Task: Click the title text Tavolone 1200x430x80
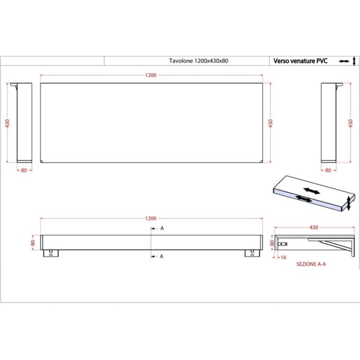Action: point(198,61)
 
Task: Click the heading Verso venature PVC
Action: point(300,61)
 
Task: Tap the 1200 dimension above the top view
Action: point(151,75)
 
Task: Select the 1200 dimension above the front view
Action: point(151,218)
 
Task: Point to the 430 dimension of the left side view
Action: point(8,123)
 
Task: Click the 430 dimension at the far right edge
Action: point(351,123)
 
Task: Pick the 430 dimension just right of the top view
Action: point(270,123)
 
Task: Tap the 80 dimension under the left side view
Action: point(24,171)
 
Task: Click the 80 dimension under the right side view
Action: point(328,171)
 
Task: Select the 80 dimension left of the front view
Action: point(33,243)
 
